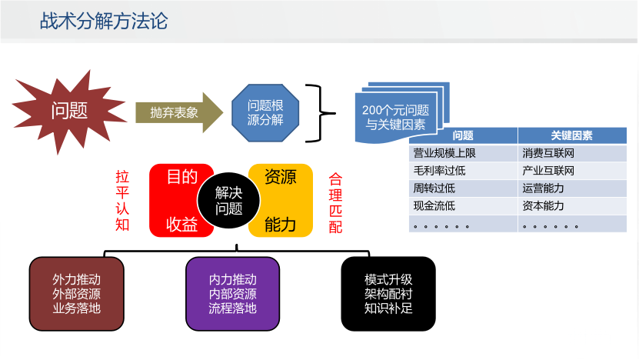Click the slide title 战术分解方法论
click(104, 21)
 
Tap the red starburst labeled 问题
click(68, 110)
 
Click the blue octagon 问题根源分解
click(265, 112)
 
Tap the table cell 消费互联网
click(548, 153)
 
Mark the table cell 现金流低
click(434, 205)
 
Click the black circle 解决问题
click(228, 201)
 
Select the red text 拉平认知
click(122, 201)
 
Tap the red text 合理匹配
click(335, 202)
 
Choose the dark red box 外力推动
click(76, 293)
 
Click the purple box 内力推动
click(233, 293)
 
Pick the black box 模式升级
click(388, 293)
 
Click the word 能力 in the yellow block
click(280, 225)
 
